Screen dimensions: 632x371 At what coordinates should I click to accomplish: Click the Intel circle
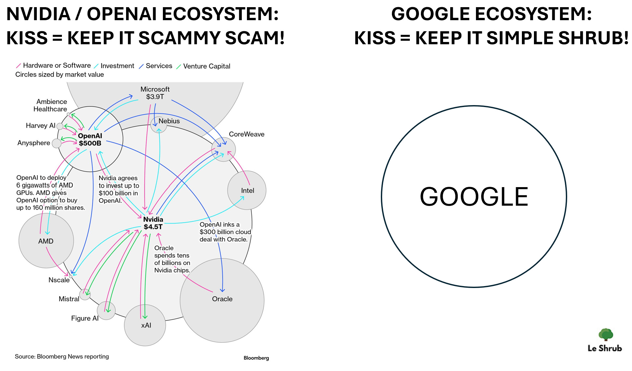point(247,190)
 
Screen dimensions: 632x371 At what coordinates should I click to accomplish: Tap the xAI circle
point(145,325)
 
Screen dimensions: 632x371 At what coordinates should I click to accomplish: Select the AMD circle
point(46,241)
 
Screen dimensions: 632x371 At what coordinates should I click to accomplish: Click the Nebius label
point(169,121)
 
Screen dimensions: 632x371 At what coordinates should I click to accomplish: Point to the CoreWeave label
point(247,134)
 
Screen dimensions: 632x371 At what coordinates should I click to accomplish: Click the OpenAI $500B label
point(90,140)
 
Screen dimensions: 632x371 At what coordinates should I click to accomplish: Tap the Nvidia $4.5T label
point(153,223)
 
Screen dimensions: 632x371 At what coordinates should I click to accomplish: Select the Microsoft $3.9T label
point(155,93)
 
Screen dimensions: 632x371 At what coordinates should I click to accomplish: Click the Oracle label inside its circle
point(222,299)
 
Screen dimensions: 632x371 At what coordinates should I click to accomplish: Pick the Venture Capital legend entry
point(207,66)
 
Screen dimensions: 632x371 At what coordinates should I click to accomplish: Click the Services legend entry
point(159,66)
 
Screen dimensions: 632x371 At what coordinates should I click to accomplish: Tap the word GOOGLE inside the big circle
point(474,197)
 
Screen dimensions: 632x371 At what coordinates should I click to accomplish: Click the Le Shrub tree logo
point(606,334)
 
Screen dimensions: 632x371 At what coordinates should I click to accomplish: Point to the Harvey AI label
point(40,126)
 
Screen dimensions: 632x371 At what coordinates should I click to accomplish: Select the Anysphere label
point(34,143)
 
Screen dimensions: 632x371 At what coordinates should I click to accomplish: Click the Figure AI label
point(85,318)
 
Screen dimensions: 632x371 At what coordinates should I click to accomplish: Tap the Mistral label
point(69,299)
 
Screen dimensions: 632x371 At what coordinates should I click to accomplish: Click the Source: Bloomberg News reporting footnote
point(62,356)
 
